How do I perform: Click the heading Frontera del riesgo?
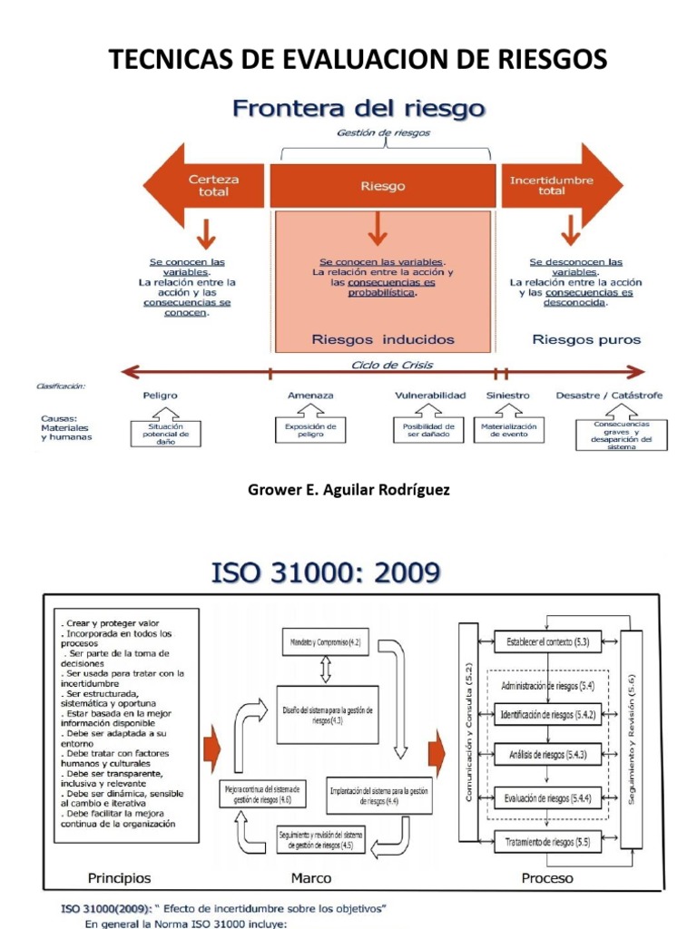click(x=359, y=110)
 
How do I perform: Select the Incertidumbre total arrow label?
click(x=551, y=185)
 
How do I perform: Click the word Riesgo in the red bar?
click(x=382, y=186)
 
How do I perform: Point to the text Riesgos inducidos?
click(x=382, y=340)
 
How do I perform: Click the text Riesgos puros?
click(x=585, y=340)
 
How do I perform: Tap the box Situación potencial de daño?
click(x=166, y=432)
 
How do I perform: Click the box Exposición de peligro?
click(x=310, y=430)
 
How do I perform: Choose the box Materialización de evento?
click(x=509, y=430)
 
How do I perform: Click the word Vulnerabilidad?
click(x=430, y=396)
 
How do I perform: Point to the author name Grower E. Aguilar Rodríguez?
click(x=348, y=490)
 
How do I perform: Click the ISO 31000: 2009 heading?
click(x=326, y=572)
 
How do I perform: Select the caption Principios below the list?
click(x=119, y=878)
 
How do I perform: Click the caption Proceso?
click(x=547, y=878)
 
